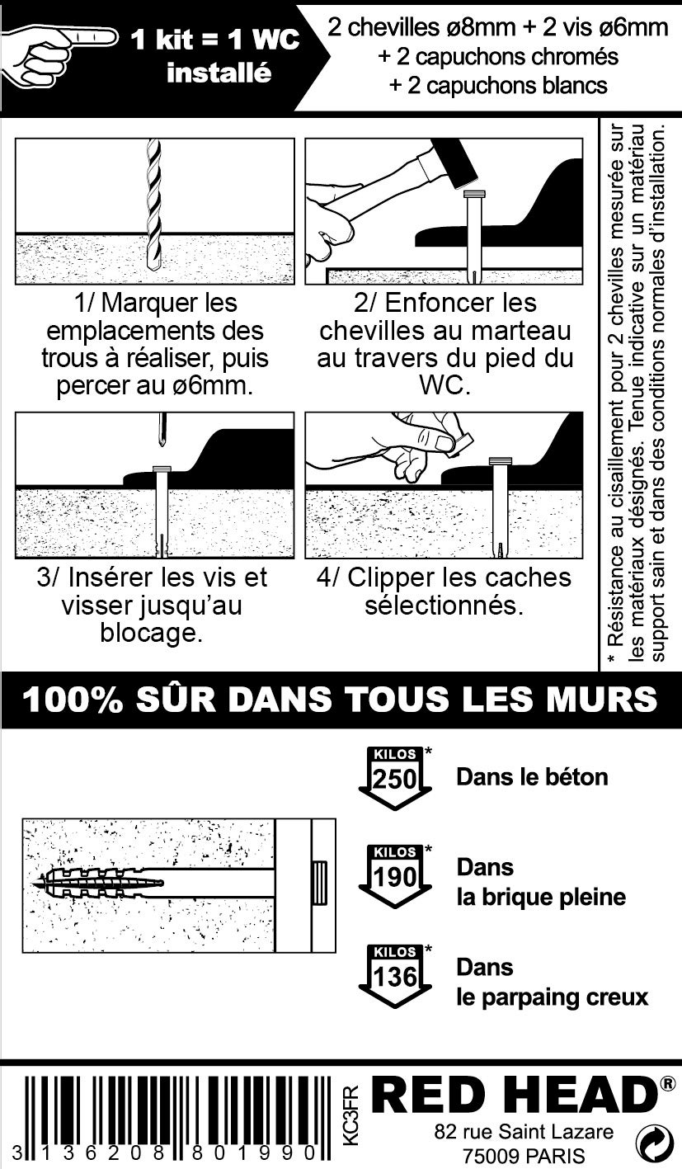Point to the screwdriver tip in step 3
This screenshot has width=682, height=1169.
click(x=163, y=431)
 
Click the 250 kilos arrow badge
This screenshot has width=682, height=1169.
click(x=395, y=778)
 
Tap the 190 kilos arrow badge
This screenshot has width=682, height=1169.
click(x=395, y=876)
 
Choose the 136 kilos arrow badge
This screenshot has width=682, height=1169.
click(x=395, y=975)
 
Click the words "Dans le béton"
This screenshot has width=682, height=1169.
click(x=532, y=777)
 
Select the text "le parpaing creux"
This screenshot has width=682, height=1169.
click(x=552, y=997)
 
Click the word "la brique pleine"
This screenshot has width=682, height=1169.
click(x=541, y=897)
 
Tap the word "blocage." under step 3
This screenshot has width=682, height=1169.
click(x=151, y=633)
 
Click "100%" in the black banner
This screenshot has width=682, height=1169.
click(x=73, y=700)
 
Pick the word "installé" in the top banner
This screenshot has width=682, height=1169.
click(x=219, y=73)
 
